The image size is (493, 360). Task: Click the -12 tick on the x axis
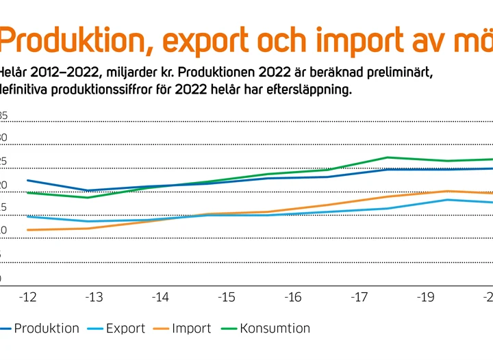pyautogui.click(x=27, y=298)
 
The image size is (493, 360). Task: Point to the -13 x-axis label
pyautogui.click(x=94, y=298)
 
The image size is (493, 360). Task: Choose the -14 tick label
pyautogui.click(x=160, y=298)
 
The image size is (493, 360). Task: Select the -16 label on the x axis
pyautogui.click(x=293, y=298)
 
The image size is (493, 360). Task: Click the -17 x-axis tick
pyautogui.click(x=359, y=298)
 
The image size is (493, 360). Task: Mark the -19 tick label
pyautogui.click(x=426, y=298)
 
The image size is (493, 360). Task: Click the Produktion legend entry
pyautogui.click(x=47, y=329)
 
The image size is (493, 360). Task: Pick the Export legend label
pyautogui.click(x=125, y=329)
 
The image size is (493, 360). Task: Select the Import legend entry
pyautogui.click(x=192, y=329)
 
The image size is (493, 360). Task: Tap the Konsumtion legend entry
pyautogui.click(x=275, y=329)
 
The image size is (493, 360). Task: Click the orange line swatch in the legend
pyautogui.click(x=163, y=329)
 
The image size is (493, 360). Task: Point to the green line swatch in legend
pyautogui.click(x=229, y=329)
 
